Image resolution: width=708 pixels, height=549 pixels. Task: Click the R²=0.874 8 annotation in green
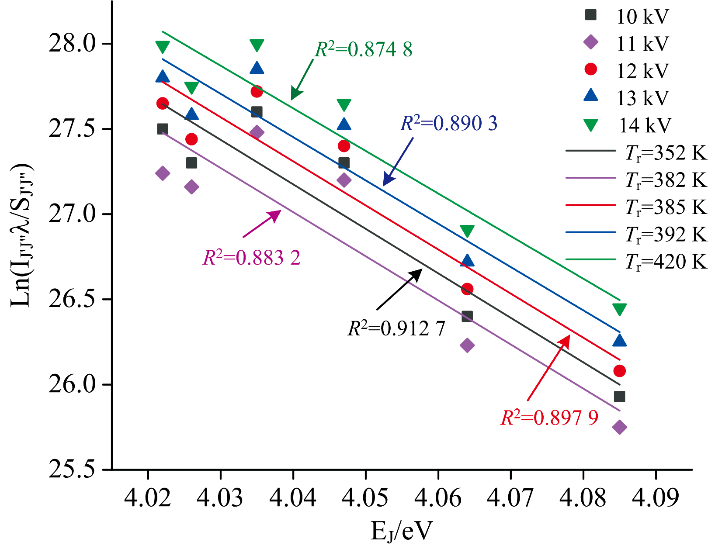pos(364,49)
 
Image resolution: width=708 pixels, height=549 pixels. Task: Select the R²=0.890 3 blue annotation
pos(449,124)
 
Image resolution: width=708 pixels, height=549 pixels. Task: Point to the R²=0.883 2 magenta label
pos(252,258)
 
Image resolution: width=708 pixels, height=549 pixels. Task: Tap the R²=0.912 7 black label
pos(396,328)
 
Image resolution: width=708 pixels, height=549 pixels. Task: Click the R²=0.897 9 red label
pos(549,418)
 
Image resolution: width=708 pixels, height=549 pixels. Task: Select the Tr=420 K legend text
pos(666,262)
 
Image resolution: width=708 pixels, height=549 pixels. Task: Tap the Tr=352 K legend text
pos(666,153)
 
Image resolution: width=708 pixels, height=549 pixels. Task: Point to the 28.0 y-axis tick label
pos(72,44)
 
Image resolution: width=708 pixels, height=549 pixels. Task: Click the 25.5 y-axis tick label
pos(72,470)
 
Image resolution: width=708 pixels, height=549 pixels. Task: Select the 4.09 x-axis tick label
pos(656,498)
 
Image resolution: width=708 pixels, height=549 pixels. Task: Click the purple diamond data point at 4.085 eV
pos(619,427)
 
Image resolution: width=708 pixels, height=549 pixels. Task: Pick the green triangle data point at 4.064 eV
pos(467,231)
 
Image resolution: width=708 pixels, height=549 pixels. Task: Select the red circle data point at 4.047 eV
pos(344,146)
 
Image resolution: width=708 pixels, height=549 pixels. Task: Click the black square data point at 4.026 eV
pos(191,163)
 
